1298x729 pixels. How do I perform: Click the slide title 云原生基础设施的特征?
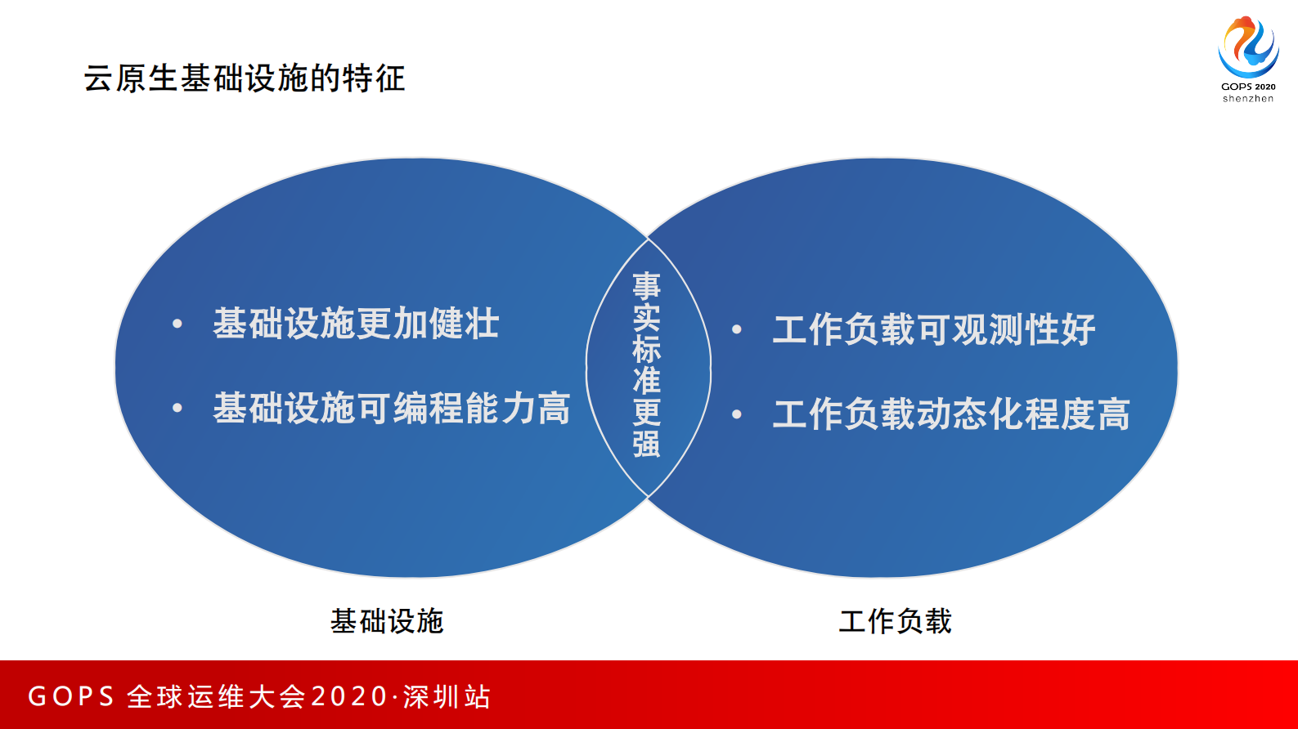pyautogui.click(x=244, y=78)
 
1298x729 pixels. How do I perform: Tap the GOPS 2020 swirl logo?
pyautogui.click(x=1248, y=47)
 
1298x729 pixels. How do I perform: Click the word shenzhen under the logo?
pyautogui.click(x=1248, y=99)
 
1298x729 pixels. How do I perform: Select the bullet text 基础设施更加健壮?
pyautogui.click(x=356, y=324)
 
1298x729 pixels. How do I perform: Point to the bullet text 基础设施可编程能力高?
pyautogui.click(x=391, y=408)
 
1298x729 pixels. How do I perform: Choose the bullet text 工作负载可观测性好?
pyautogui.click(x=933, y=329)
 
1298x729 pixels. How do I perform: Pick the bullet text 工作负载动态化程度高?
pyautogui.click(x=951, y=414)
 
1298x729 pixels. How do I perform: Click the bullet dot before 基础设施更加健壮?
pyautogui.click(x=177, y=324)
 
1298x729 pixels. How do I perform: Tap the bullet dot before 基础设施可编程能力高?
pyautogui.click(x=177, y=409)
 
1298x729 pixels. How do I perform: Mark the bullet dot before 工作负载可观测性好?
pyautogui.click(x=737, y=330)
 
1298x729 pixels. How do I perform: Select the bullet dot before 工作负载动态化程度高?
pyautogui.click(x=737, y=414)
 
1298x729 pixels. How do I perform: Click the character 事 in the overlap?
pyautogui.click(x=646, y=286)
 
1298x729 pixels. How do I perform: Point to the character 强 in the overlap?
pyautogui.click(x=646, y=443)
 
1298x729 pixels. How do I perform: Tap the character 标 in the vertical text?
pyautogui.click(x=646, y=349)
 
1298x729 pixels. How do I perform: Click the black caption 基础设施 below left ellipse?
pyautogui.click(x=387, y=621)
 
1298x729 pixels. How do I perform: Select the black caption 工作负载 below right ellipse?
pyautogui.click(x=896, y=621)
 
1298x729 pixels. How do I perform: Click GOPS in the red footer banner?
pyautogui.click(x=71, y=696)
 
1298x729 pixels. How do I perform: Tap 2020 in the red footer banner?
pyautogui.click(x=349, y=696)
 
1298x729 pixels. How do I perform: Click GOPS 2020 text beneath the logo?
pyautogui.click(x=1248, y=87)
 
